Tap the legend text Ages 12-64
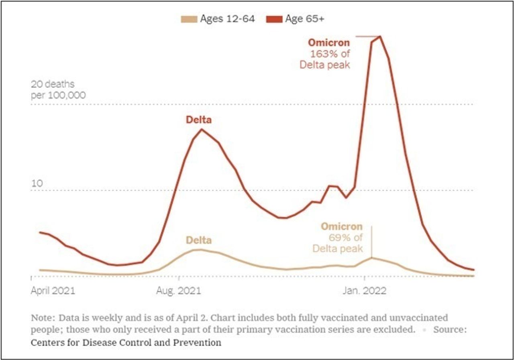tap(227, 19)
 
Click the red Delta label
tap(198, 120)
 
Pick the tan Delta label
tap(198, 240)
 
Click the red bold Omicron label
tap(329, 43)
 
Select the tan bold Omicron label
tap(341, 227)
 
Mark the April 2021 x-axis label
tap(53, 291)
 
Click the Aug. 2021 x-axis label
tap(178, 291)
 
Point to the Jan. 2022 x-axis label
tap(364, 291)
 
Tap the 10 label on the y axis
tap(37, 184)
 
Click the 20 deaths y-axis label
tap(53, 85)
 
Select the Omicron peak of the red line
tap(379, 37)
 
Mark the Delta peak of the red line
tap(201, 129)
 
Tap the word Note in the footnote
tap(42, 318)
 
